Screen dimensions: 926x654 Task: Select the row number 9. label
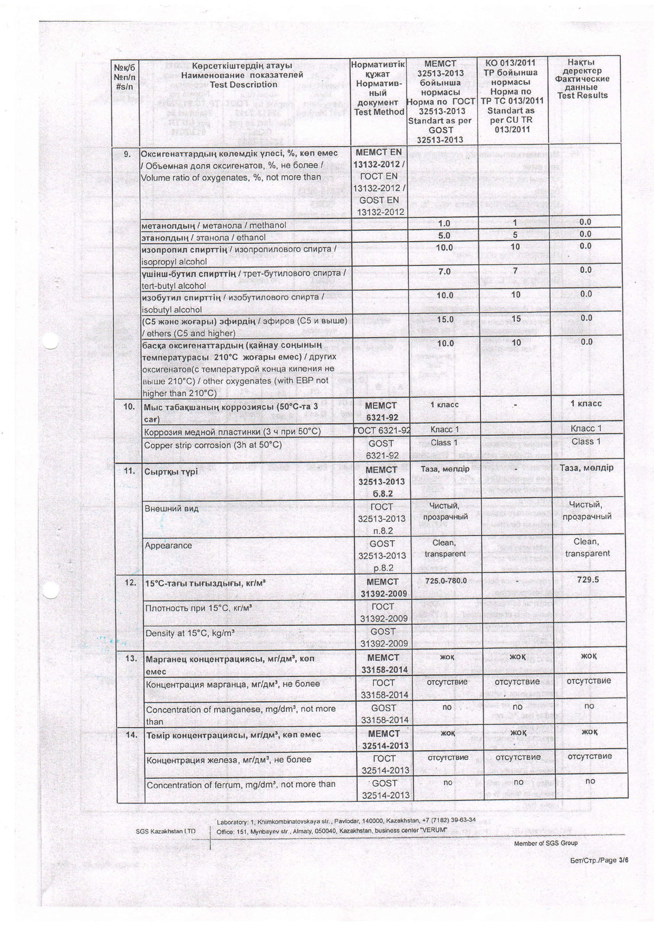pyautogui.click(x=127, y=155)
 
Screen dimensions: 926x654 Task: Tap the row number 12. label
pyautogui.click(x=130, y=583)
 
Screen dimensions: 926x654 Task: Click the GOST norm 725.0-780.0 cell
pyautogui.click(x=446, y=581)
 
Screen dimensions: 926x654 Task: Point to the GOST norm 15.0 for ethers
pyautogui.click(x=445, y=319)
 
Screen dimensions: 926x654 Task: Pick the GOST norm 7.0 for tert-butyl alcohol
pyautogui.click(x=445, y=271)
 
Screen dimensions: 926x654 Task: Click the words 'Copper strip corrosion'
pyautogui.click(x=187, y=445)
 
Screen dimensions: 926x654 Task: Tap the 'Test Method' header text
pyautogui.click(x=378, y=112)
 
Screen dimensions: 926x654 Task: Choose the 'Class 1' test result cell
pyautogui.click(x=586, y=442)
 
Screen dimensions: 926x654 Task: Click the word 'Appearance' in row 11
pyautogui.click(x=168, y=546)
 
